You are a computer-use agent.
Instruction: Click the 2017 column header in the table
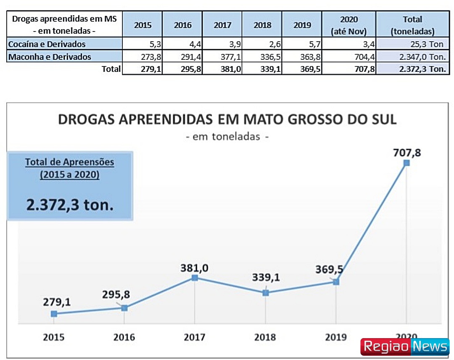click(222, 25)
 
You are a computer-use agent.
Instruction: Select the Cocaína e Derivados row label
click(47, 44)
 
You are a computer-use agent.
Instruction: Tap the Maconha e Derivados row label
click(50, 56)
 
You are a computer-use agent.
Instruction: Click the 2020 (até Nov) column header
click(348, 25)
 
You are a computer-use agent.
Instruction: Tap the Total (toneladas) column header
click(412, 25)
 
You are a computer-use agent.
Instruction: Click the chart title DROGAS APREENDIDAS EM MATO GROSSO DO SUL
click(227, 119)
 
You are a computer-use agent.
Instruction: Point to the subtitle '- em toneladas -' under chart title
click(227, 137)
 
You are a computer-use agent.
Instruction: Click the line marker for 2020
click(406, 163)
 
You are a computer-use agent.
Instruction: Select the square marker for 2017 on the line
click(195, 278)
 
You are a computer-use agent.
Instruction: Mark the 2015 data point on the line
click(54, 314)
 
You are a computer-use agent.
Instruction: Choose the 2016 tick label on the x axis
click(124, 337)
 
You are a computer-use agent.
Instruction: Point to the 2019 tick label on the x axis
click(336, 337)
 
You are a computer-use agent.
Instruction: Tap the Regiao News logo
click(405, 347)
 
